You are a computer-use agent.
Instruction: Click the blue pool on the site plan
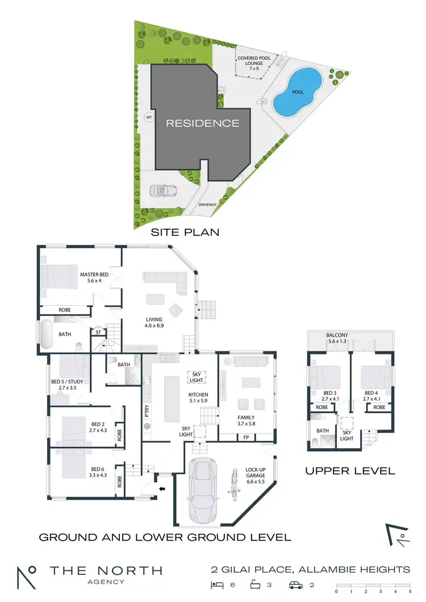tap(297, 92)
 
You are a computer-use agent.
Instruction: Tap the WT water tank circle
tap(149, 117)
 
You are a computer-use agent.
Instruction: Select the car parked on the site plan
tap(161, 191)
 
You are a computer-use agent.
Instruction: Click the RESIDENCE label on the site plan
tap(203, 123)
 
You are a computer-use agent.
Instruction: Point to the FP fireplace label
tap(246, 437)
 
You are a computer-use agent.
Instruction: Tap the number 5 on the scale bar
tap(409, 591)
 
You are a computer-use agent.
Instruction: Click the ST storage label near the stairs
tap(98, 332)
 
